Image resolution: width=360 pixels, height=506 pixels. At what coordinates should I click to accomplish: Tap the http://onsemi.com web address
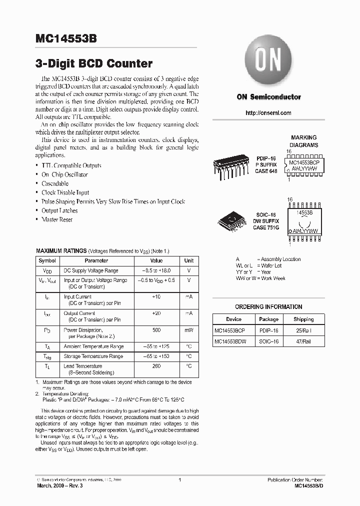(268, 113)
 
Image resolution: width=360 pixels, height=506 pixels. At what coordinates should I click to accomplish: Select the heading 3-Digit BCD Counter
(94, 63)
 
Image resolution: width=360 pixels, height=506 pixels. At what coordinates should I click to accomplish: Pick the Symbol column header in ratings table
(47, 260)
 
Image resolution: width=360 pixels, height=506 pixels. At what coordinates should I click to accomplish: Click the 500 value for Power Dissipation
(156, 330)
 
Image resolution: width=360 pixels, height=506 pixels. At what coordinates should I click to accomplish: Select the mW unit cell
(188, 330)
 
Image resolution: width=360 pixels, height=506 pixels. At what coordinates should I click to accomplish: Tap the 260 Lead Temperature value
(156, 365)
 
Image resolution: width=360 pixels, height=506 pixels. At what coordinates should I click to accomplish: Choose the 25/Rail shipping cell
(303, 330)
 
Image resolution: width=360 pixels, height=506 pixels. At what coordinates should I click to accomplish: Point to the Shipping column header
(303, 319)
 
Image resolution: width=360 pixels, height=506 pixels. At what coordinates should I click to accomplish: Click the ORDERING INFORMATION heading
(268, 306)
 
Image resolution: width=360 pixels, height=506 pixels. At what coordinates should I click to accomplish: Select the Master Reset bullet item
(57, 219)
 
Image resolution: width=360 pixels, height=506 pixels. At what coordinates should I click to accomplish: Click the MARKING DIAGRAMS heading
(304, 141)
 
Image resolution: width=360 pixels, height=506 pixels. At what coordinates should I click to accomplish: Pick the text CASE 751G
(267, 227)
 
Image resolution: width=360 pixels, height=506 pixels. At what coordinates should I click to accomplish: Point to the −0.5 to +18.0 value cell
(156, 270)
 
